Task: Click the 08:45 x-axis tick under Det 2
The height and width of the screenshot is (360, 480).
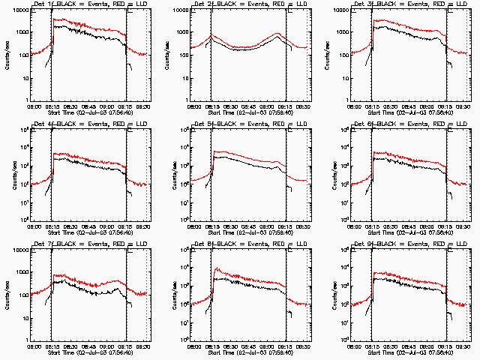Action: coord(249,107)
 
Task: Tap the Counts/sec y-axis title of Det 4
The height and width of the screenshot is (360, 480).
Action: coord(7,175)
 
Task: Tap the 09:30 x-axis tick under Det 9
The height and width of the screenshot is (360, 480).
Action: coord(463,347)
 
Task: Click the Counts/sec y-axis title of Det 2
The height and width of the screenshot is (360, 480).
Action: coord(168,55)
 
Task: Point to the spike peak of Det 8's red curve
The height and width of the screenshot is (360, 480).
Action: coord(216,268)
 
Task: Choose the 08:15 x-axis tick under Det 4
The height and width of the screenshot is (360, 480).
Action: coord(52,227)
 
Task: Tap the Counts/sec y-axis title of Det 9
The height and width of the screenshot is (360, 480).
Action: coord(328,295)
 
